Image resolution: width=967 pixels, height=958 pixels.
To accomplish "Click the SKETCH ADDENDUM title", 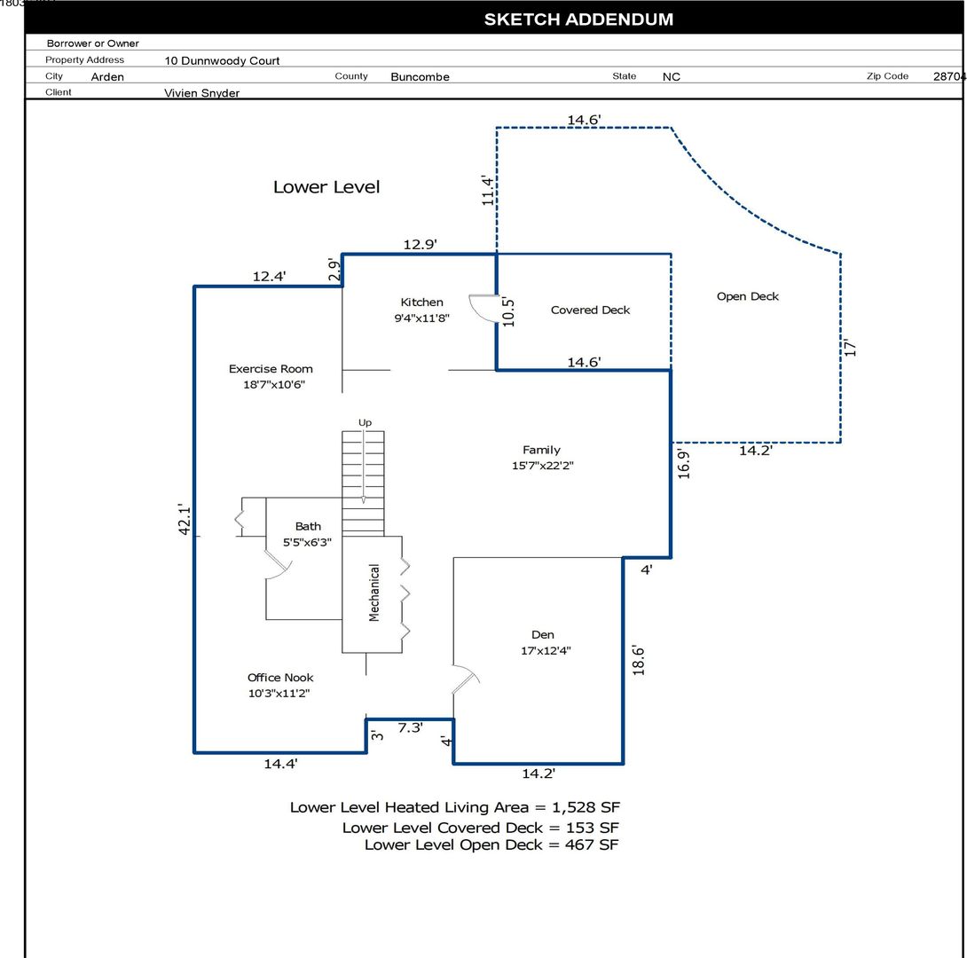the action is (578, 20).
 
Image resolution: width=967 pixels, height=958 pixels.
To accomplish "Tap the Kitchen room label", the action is (421, 302).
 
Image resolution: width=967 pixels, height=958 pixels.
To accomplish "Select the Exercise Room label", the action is (271, 369).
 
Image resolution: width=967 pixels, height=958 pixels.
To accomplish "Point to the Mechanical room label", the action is (373, 593).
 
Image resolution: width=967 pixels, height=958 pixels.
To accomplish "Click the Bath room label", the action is (308, 527).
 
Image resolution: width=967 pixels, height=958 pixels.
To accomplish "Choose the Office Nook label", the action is (280, 678).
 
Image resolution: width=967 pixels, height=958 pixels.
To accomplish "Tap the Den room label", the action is (543, 634).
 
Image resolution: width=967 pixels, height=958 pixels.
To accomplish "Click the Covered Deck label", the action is (590, 310).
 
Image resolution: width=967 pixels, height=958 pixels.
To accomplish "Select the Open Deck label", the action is (748, 296).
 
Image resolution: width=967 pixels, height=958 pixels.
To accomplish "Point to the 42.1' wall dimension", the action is (185, 519).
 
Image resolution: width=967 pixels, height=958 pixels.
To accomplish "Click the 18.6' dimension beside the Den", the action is (638, 661).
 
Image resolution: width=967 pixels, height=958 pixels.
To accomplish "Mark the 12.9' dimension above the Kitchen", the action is (420, 244).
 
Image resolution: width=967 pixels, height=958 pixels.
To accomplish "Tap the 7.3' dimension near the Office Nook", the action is (410, 727).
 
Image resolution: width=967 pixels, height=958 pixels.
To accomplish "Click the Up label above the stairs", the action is (366, 422).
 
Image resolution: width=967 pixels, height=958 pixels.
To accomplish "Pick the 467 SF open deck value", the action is (592, 844).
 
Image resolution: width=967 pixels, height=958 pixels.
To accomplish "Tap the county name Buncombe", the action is (420, 77).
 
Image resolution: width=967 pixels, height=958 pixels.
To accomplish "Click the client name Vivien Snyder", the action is (201, 93).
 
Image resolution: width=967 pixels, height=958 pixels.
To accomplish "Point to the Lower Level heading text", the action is (326, 187).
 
